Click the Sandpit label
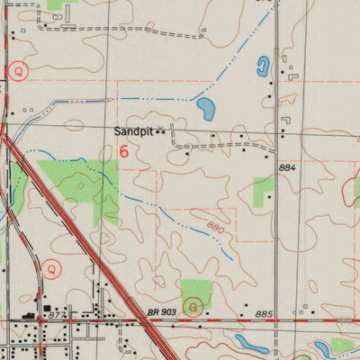click(133, 131)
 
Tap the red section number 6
click(123, 152)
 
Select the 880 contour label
click(215, 229)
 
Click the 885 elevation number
click(263, 313)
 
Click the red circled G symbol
click(191, 307)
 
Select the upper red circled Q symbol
click(19, 69)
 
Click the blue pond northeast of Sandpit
click(206, 111)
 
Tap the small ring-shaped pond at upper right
click(263, 65)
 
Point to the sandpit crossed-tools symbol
click(162, 131)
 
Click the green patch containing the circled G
click(196, 292)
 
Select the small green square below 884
click(264, 186)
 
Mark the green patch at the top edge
click(57, 4)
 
